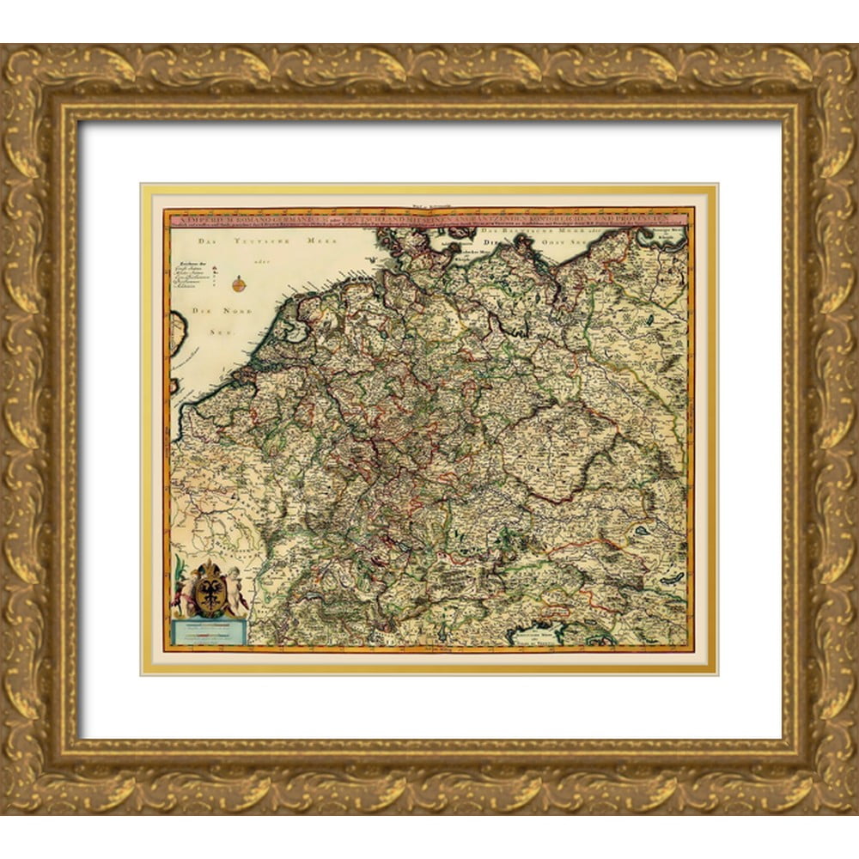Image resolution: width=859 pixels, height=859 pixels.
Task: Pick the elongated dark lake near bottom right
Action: tap(673, 577)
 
